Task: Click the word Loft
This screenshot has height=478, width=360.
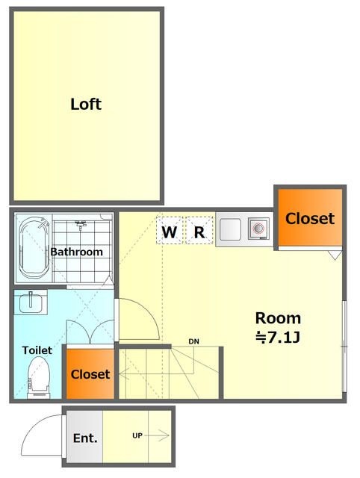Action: [x=86, y=105]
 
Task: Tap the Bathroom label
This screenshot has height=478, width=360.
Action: [x=76, y=252]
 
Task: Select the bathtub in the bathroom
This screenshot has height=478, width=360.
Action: [x=34, y=248]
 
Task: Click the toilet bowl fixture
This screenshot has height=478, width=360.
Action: [x=38, y=378]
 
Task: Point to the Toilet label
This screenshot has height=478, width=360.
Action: [x=37, y=350]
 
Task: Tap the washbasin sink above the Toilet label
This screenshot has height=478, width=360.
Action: [x=31, y=302]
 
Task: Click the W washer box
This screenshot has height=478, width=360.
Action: [x=170, y=230]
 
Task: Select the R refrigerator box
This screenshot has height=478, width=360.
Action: [x=199, y=230]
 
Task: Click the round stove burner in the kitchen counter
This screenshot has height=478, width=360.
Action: [x=258, y=228]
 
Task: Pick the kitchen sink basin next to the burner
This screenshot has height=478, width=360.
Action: [x=231, y=229]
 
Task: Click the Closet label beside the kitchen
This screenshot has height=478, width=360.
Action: [x=310, y=219]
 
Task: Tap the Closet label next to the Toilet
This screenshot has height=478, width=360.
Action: [x=90, y=374]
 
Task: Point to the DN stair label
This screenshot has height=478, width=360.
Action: [x=194, y=341]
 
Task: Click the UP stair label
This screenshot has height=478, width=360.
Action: [x=137, y=435]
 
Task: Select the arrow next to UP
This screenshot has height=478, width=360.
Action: [x=157, y=435]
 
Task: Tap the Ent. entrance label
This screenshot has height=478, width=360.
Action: [x=85, y=438]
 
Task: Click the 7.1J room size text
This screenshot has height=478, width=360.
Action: [x=278, y=338]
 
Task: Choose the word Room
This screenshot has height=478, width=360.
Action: [x=278, y=318]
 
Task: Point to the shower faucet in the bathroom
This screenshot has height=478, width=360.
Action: [x=81, y=225]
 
